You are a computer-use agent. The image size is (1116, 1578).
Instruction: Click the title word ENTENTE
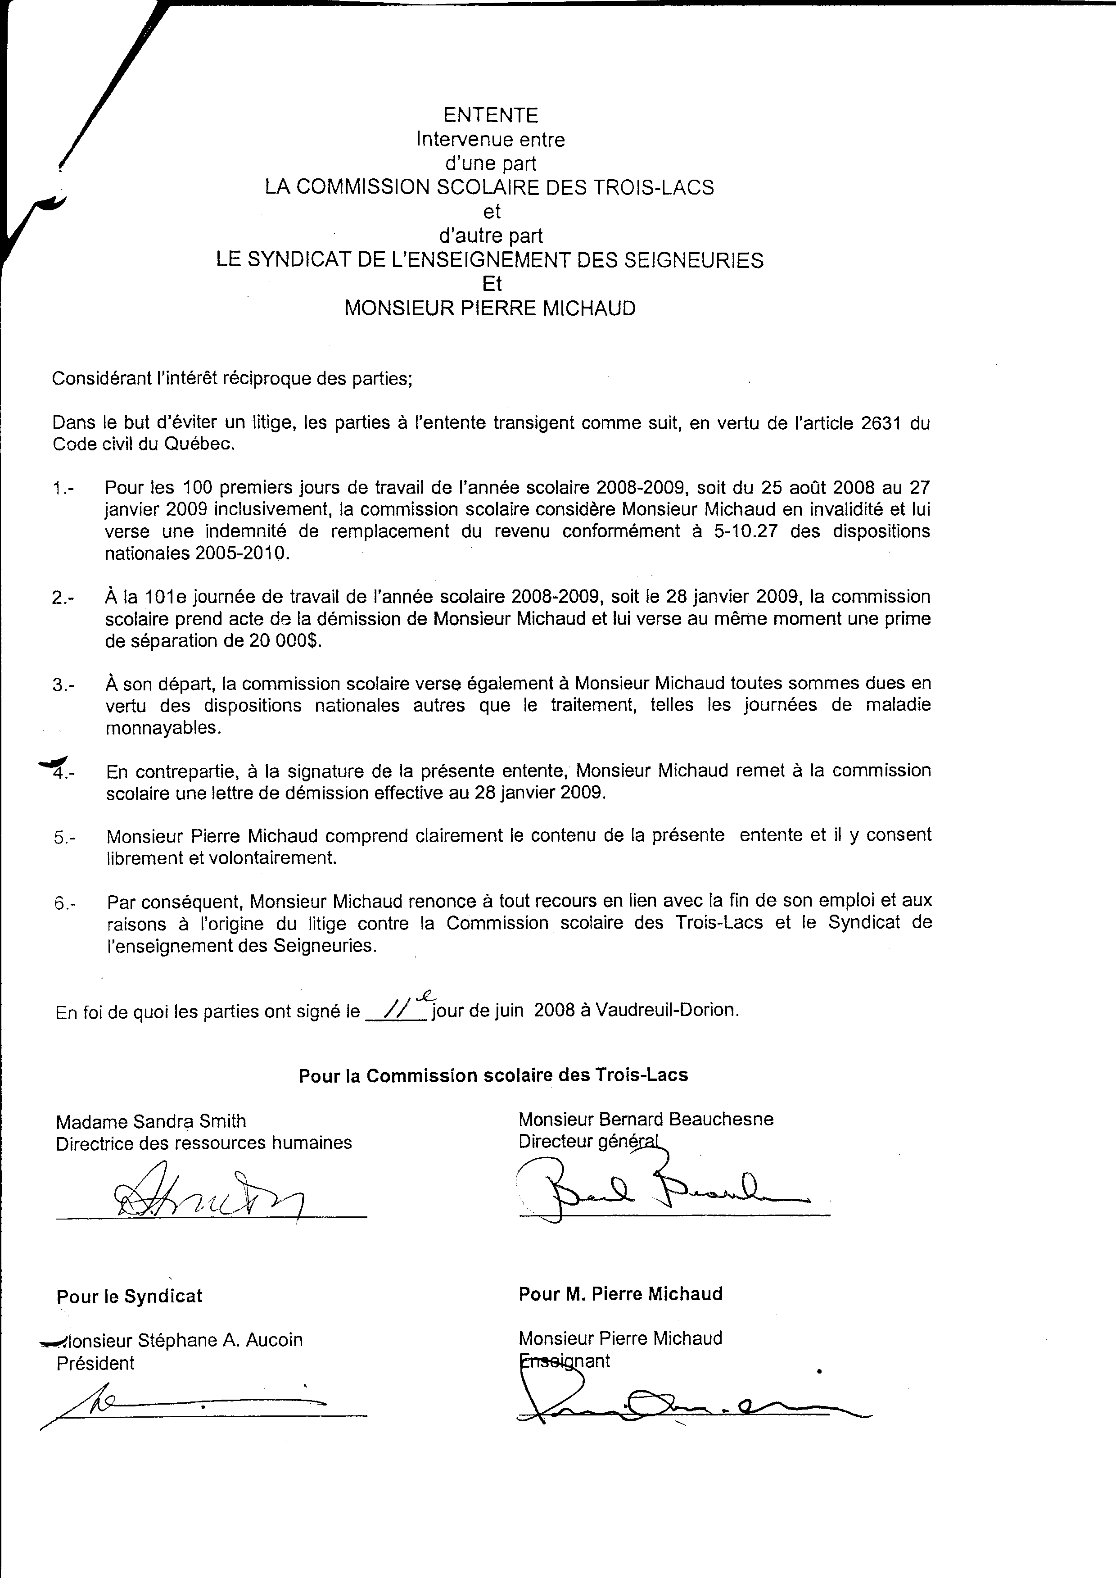tap(490, 115)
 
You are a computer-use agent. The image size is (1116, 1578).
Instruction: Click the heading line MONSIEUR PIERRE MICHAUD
tap(490, 308)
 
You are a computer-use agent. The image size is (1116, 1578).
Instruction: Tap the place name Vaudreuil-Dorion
tap(667, 1010)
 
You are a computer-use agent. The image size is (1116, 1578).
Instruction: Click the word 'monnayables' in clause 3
tap(163, 728)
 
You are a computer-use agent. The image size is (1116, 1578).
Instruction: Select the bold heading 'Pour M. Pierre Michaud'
tap(620, 1294)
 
